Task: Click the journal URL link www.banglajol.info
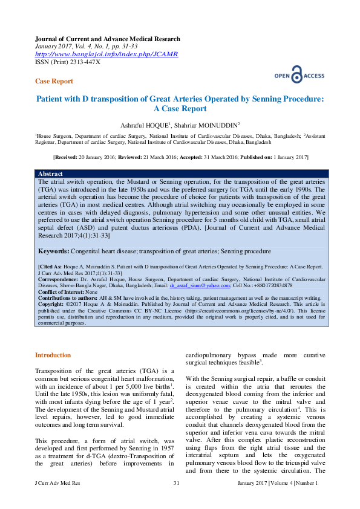pos(106,54)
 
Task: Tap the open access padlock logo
pos(296,76)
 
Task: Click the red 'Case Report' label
pos(54,81)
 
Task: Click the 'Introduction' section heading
pos(53,355)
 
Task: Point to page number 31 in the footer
pos(177,483)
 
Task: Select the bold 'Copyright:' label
pos(52,303)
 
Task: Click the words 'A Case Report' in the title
pos(180,109)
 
